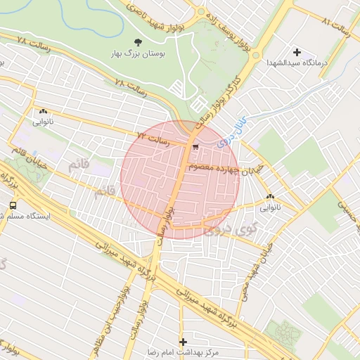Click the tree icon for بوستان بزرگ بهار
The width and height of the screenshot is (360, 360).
click(x=137, y=43)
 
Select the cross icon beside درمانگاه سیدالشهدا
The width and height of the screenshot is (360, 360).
click(x=297, y=52)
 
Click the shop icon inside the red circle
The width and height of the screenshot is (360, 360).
click(x=194, y=147)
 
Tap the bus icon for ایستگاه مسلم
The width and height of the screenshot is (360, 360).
click(x=13, y=206)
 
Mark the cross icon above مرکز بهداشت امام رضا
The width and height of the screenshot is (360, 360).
click(x=184, y=341)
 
